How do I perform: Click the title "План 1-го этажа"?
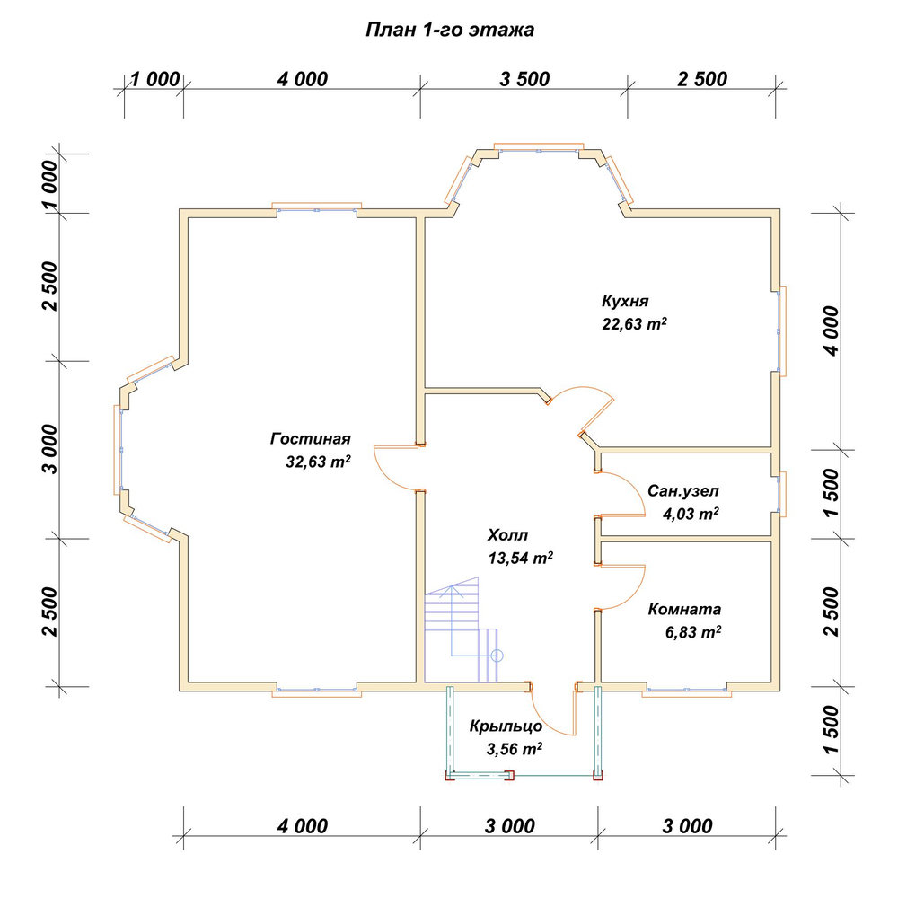[x=450, y=30]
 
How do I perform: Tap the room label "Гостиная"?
[x=311, y=439]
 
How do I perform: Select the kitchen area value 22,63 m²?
[x=634, y=323]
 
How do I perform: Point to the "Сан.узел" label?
[x=682, y=491]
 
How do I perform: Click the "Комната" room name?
[x=684, y=609]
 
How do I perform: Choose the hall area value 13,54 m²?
[x=521, y=558]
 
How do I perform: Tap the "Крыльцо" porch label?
[x=506, y=726]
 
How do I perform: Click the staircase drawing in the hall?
[x=461, y=629]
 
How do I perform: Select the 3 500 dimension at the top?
[x=524, y=79]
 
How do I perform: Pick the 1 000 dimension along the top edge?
[x=155, y=79]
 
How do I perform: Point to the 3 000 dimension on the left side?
[x=50, y=449]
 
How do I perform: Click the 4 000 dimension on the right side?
[x=831, y=330]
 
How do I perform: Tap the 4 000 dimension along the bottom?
[x=303, y=826]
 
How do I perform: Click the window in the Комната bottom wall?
[x=687, y=690]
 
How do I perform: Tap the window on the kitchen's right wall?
[x=780, y=331]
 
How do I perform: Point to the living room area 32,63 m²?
[x=318, y=462]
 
